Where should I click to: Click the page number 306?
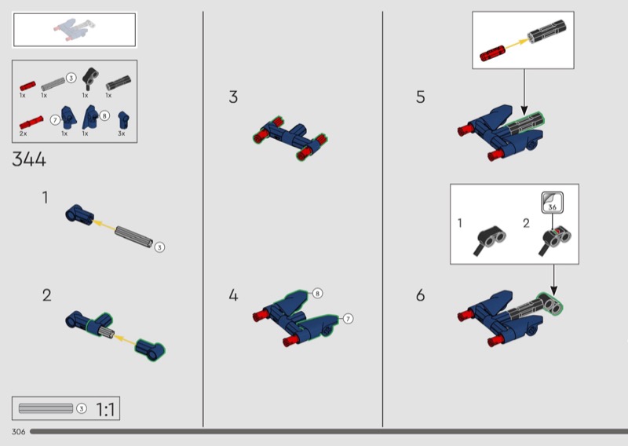point(18,432)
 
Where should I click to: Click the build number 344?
point(29,159)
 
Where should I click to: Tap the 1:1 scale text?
point(105,410)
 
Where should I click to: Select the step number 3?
point(233,97)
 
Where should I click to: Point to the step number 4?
point(233,295)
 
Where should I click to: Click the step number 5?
point(421,97)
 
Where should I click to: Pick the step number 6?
point(420,295)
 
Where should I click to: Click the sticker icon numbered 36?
point(553,203)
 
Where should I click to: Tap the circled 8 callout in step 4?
point(317,294)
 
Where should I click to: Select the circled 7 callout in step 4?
point(348,319)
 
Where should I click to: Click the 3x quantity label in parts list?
point(122,133)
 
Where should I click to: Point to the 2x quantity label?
point(24,133)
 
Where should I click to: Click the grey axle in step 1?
point(133,236)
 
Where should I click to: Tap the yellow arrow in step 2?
point(125,340)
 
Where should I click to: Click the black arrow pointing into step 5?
point(524,92)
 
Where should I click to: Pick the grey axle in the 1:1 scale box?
point(46,408)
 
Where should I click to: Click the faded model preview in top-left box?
point(75,29)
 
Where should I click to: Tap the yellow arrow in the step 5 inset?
point(516,44)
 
